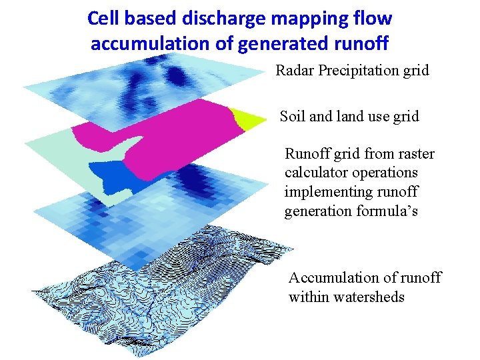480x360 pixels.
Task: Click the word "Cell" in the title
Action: coord(103,19)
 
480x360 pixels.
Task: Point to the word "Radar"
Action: coord(295,70)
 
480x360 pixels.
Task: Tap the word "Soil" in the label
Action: coord(293,117)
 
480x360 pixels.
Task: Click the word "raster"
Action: coord(414,154)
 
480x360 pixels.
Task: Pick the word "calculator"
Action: coord(316,173)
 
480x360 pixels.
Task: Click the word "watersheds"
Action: coord(371,297)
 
